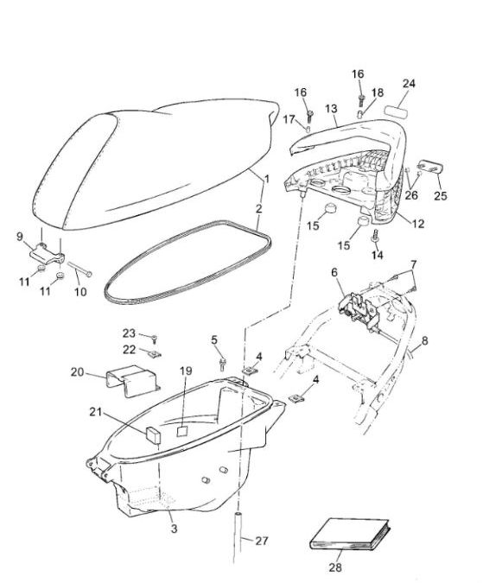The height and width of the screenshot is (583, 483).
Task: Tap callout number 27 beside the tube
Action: tap(261, 542)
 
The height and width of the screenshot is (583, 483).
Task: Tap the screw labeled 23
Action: tap(152, 339)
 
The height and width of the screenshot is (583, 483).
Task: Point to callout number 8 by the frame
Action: tap(425, 340)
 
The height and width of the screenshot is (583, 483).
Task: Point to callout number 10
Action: tap(80, 292)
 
